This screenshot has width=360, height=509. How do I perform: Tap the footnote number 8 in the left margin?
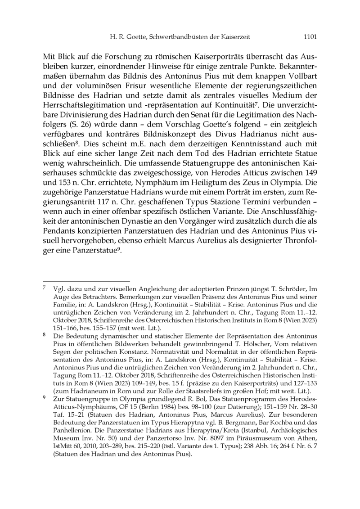pos(44,335)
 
